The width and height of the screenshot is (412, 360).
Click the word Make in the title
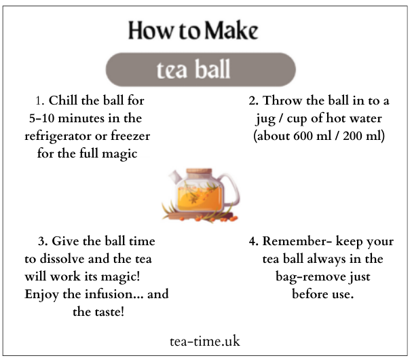pos(231,31)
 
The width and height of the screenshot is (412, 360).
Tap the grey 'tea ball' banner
pos(201,69)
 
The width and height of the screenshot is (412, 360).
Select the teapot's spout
pos(174,177)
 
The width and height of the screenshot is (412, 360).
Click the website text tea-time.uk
pos(205,342)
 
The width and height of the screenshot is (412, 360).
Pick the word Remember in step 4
pos(295,241)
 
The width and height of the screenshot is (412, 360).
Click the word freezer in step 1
pos(130,136)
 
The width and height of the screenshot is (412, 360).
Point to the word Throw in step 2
pos(282,101)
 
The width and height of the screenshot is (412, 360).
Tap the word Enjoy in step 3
pos(41,295)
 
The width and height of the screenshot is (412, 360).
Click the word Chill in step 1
pos(63,101)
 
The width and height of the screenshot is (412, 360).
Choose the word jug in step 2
pos(265,119)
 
